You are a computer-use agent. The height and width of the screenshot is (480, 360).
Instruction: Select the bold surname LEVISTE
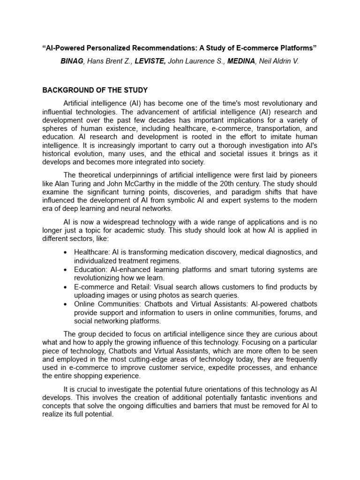tap(150, 60)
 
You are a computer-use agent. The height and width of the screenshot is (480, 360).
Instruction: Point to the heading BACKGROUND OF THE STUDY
tap(95, 90)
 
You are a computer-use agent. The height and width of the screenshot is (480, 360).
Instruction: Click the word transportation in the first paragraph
tap(275, 128)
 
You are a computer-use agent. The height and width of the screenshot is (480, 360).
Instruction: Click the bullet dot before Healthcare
tap(65, 252)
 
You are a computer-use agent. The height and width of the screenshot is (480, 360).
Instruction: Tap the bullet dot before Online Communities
tap(65, 304)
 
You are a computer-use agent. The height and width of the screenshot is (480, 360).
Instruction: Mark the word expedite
tap(221, 367)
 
